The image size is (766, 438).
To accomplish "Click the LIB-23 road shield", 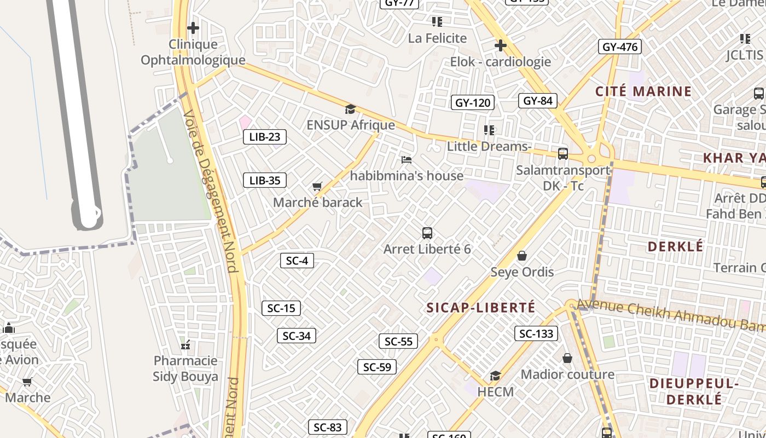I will (x=265, y=137).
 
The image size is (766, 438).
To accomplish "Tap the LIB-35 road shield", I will (x=265, y=180).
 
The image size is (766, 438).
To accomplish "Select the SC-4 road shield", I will (x=297, y=261).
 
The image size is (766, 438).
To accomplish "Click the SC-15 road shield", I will (x=281, y=308).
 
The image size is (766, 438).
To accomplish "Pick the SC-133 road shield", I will (x=536, y=333).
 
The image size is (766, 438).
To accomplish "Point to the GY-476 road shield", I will (x=619, y=47).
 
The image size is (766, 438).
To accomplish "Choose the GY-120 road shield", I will (x=473, y=102).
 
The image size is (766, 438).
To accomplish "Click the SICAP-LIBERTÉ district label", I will (x=481, y=308).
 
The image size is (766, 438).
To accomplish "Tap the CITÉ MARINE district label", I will (x=643, y=91).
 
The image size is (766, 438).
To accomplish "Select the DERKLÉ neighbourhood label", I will (x=675, y=246).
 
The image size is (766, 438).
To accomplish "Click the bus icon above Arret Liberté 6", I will (x=427, y=233).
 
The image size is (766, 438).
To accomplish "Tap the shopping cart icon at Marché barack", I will (x=317, y=187).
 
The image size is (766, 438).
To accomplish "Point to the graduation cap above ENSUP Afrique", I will (x=350, y=109).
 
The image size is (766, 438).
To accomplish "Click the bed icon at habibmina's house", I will (x=407, y=160).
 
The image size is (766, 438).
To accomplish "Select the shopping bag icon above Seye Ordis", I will (x=522, y=256).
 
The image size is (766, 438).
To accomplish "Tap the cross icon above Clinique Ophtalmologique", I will (x=193, y=27).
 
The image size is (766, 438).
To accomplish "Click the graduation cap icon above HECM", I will (x=495, y=376).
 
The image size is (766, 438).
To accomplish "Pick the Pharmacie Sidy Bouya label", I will (x=185, y=368).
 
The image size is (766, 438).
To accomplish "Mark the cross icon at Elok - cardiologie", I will (x=500, y=45).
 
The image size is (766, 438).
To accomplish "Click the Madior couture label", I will (x=567, y=374).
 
